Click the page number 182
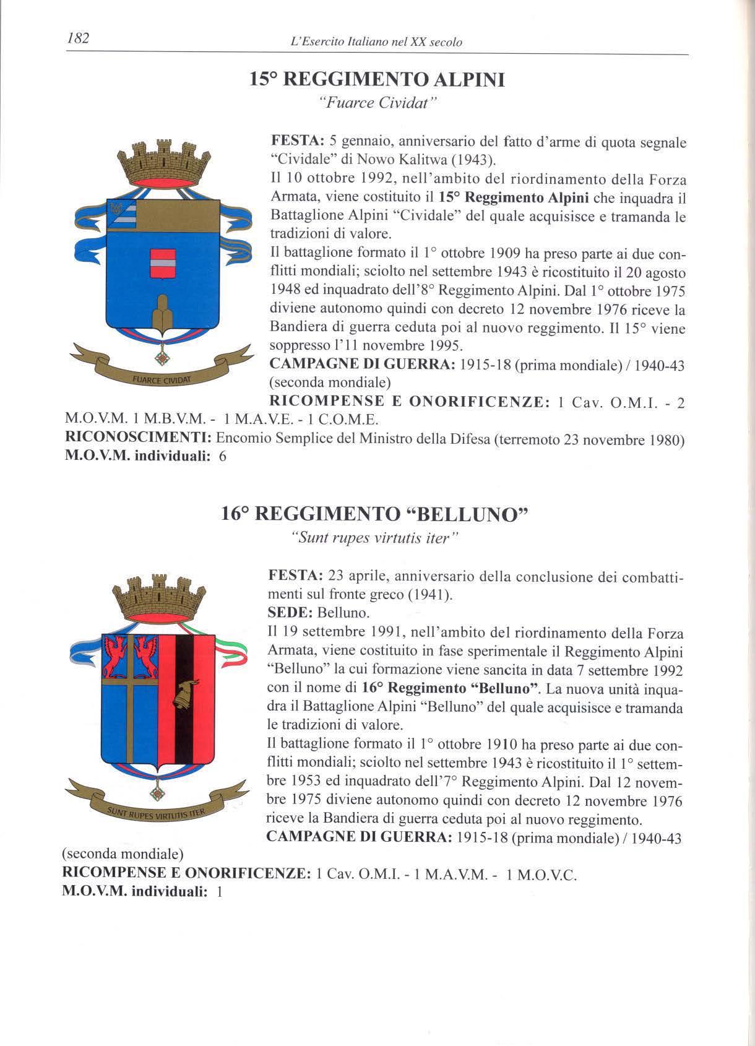coord(78,38)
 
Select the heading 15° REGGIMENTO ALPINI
coord(377,80)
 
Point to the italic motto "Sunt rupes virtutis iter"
coord(375,537)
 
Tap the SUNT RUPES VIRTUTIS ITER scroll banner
coord(157,811)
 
